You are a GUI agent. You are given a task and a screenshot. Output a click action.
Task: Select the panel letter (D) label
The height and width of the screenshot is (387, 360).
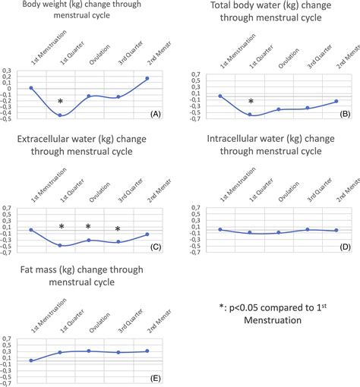343,247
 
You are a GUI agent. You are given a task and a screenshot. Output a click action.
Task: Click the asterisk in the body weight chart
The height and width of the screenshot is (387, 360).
61,102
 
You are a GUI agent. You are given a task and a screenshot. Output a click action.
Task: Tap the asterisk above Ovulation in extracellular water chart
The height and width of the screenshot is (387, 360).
88,228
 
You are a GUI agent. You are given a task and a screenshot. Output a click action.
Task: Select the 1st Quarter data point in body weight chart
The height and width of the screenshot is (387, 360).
60,115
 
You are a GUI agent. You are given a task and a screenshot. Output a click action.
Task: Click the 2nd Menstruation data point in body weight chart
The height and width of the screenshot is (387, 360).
147,78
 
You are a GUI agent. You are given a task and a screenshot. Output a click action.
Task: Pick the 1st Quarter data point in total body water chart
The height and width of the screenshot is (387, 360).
250,115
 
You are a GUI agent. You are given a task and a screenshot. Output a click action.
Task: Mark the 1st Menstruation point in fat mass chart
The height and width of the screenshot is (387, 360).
31,360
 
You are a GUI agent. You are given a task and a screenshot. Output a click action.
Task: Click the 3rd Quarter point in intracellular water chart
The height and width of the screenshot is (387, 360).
308,229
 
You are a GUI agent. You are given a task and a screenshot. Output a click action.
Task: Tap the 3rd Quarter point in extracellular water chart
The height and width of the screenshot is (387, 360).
118,242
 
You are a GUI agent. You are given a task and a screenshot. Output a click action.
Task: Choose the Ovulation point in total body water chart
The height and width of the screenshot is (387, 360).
279,109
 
